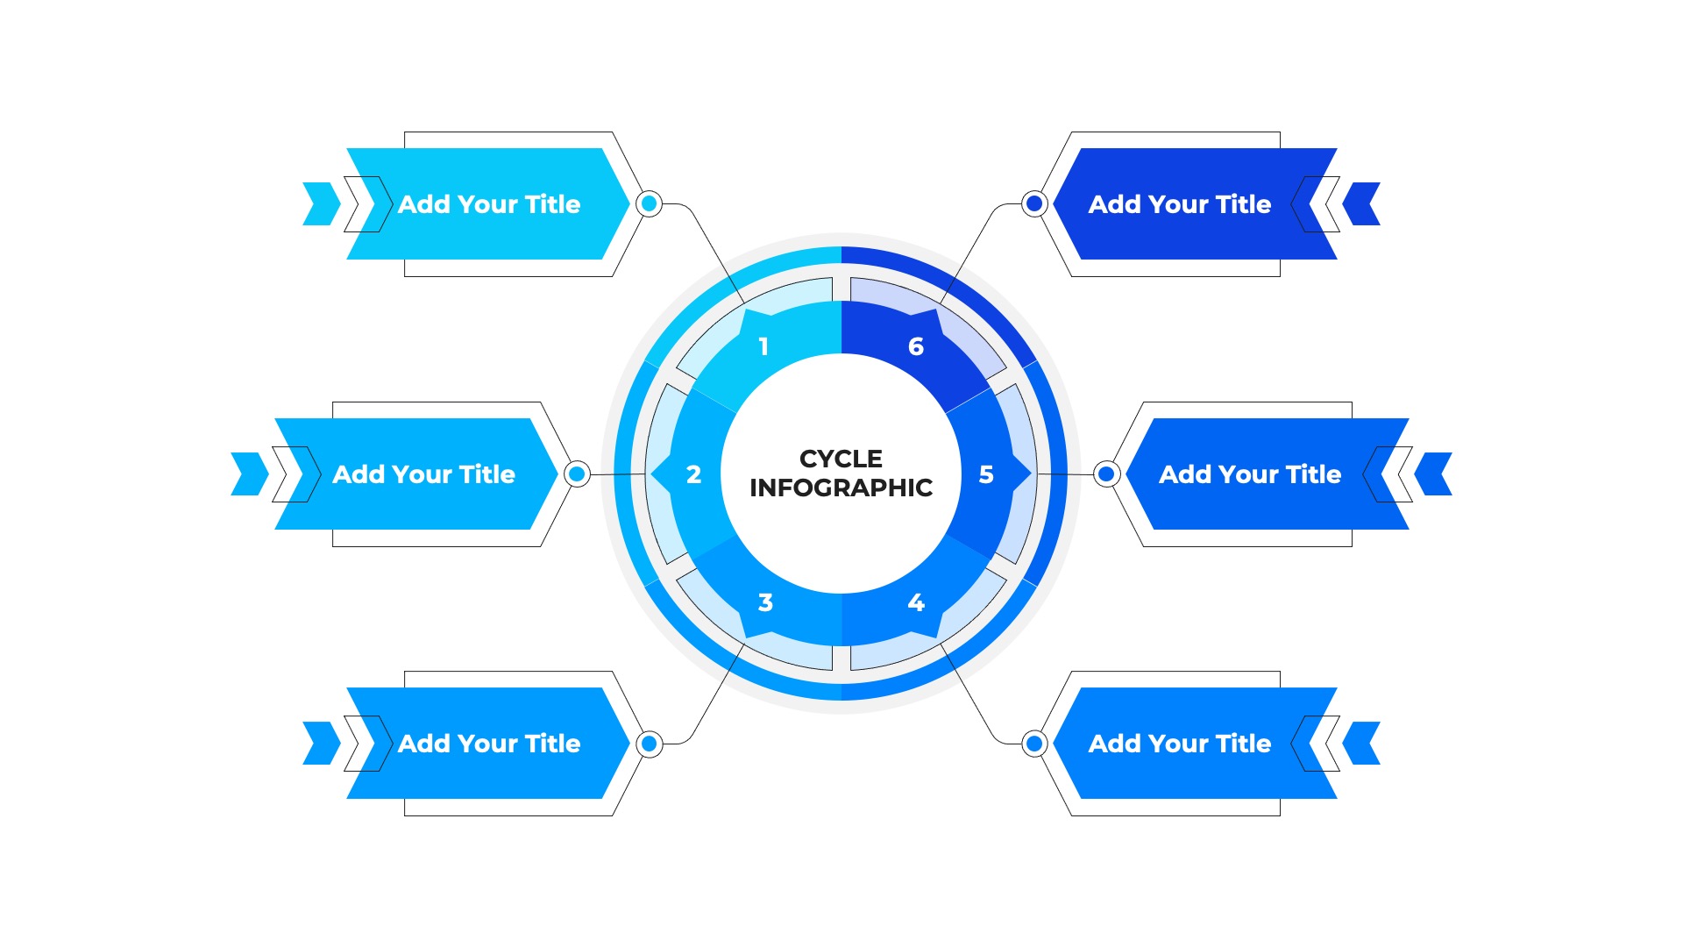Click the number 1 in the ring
763,346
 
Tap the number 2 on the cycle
693,474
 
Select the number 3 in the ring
765,602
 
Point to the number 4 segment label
916,602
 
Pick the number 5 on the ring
986,474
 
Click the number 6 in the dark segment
916,346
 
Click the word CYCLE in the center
841,459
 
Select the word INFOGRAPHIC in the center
841,488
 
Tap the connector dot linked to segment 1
649,204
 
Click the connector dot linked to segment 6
1034,204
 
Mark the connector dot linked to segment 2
577,474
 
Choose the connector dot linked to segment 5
1106,474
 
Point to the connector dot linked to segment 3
649,744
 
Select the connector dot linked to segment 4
1034,744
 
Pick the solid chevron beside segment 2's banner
249,474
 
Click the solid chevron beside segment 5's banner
1434,474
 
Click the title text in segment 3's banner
489,744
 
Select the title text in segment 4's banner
1180,744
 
